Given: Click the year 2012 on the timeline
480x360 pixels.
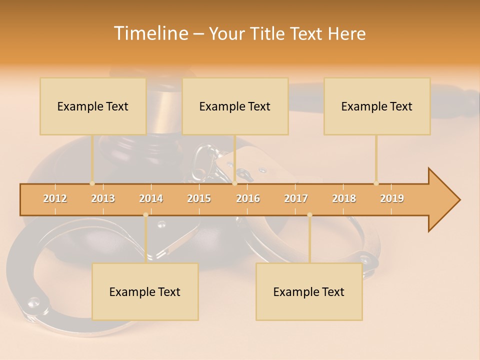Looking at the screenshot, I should click(55, 198).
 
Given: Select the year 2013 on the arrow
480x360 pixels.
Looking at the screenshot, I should click(103, 198).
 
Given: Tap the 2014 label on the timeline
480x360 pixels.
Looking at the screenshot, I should click(151, 198).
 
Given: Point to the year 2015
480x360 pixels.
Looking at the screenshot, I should click(199, 198).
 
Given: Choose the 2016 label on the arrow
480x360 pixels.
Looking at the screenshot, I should click(248, 198).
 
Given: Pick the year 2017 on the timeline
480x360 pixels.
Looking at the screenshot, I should click(296, 198).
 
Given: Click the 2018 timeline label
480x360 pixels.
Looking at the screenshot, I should click(344, 198).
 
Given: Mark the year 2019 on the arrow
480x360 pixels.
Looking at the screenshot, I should click(392, 198).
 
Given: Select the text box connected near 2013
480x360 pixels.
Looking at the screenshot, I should click(93, 106).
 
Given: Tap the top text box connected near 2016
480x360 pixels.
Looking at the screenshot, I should click(235, 106).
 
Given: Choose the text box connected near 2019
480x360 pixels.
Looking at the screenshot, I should click(377, 106).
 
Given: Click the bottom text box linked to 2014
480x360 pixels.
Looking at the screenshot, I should click(145, 291).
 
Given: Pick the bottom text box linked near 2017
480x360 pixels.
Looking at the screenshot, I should click(309, 291).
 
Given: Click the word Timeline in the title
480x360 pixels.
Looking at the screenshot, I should click(150, 33).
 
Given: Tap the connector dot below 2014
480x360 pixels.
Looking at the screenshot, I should click(145, 215).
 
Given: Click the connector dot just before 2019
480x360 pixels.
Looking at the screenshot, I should click(376, 183).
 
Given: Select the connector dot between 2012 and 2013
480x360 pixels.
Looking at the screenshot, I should click(92, 183).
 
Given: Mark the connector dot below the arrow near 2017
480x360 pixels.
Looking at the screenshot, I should click(309, 215).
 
